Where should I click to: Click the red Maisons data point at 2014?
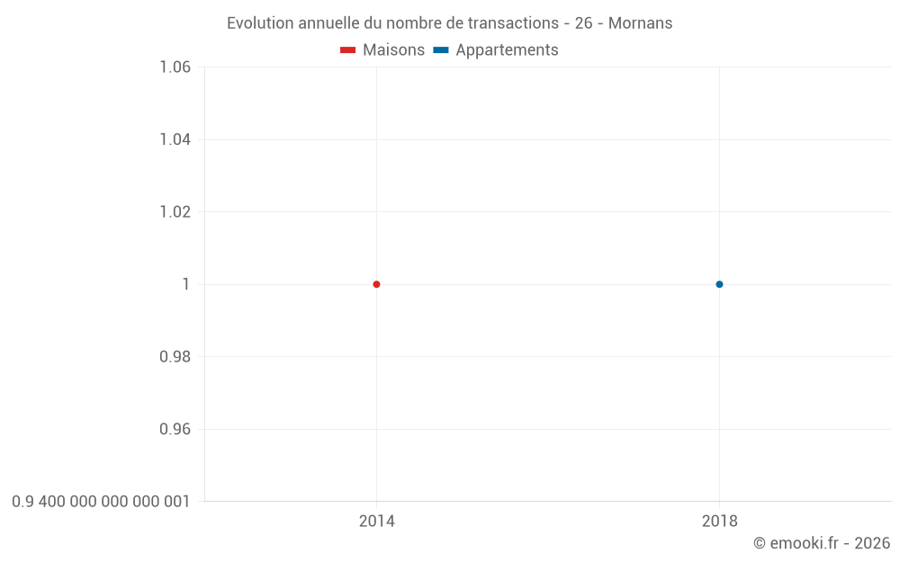pyautogui.click(x=376, y=284)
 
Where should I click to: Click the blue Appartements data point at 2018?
pyautogui.click(x=719, y=284)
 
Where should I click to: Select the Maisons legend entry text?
pyautogui.click(x=393, y=50)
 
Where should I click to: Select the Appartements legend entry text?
pyautogui.click(x=507, y=50)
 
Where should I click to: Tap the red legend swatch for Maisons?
pyautogui.click(x=348, y=50)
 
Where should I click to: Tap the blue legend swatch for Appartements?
pyautogui.click(x=441, y=50)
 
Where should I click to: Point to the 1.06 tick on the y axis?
pyautogui.click(x=175, y=67)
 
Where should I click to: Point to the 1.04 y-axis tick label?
pyautogui.click(x=175, y=139)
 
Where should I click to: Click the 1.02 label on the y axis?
pyautogui.click(x=175, y=212)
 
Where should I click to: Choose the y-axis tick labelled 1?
pyautogui.click(x=186, y=284)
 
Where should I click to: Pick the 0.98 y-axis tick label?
pyautogui.click(x=175, y=357)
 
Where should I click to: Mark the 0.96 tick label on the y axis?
pyautogui.click(x=175, y=429)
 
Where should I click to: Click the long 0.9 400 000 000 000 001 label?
pyautogui.click(x=101, y=502)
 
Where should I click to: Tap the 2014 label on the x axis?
pyautogui.click(x=376, y=521)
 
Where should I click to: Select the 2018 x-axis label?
pyautogui.click(x=719, y=521)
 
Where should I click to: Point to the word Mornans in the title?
pyautogui.click(x=640, y=23)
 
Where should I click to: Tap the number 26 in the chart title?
pyautogui.click(x=583, y=23)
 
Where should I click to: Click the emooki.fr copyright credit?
pyautogui.click(x=822, y=543)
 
